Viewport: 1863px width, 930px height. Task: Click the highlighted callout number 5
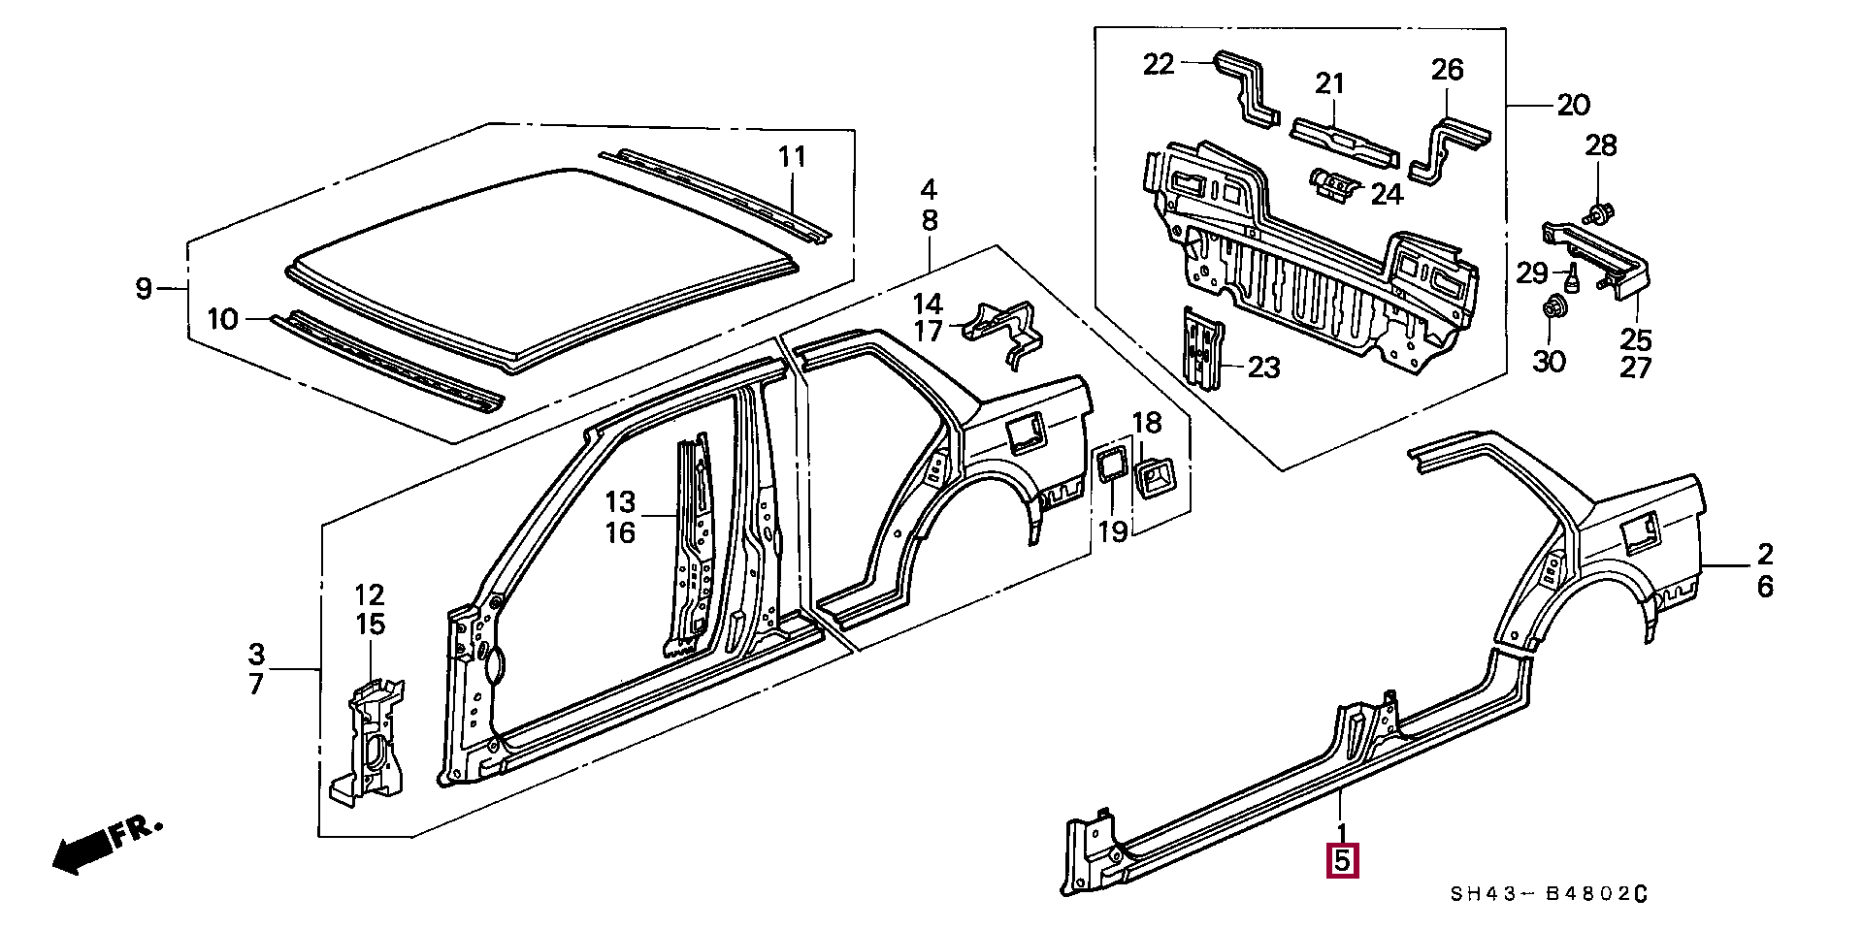(1343, 859)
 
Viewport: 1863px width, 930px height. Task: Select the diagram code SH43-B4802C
(1549, 894)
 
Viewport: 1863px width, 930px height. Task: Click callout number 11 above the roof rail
(793, 156)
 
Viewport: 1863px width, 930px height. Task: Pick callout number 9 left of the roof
(144, 288)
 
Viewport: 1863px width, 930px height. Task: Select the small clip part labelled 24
(1334, 183)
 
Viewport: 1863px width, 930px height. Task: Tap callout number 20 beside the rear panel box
(1573, 104)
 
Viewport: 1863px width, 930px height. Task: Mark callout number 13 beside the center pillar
(620, 502)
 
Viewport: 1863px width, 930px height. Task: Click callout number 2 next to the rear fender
(1764, 554)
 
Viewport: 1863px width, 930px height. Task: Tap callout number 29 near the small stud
(1532, 273)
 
